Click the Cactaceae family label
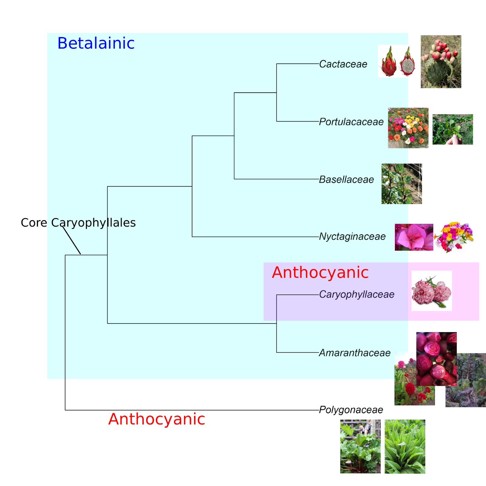point(343,64)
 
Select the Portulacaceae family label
point(351,122)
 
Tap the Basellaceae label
point(346,180)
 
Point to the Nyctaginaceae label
point(352,236)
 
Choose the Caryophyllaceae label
point(357,294)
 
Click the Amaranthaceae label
point(354,353)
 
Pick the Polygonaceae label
point(351,410)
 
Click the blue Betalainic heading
point(96,43)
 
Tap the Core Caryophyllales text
point(78,223)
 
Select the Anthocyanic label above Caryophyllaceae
point(320,272)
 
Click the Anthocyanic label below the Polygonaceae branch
point(156,419)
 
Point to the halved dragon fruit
point(407,63)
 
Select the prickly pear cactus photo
point(441,62)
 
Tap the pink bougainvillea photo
point(414,237)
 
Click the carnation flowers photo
point(431,291)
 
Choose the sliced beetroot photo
point(436,359)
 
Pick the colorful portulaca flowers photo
point(408,128)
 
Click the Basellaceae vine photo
point(402,184)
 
